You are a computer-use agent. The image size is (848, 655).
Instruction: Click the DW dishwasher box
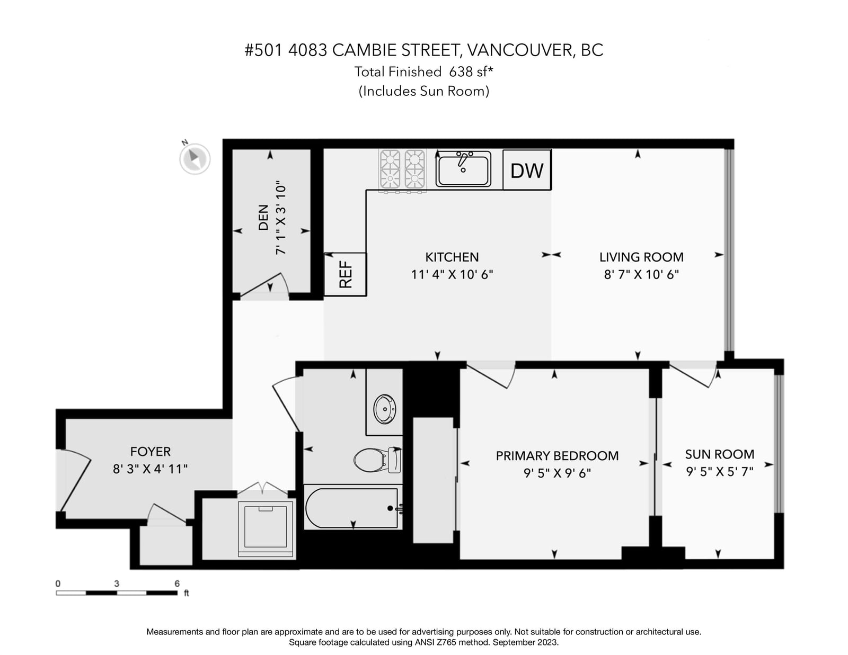tap(527, 169)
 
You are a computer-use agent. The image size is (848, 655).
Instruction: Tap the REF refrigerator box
tap(345, 274)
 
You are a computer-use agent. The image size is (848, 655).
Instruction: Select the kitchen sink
tap(463, 169)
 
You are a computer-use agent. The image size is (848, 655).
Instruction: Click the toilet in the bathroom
tap(378, 460)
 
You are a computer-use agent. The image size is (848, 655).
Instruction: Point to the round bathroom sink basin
tap(385, 409)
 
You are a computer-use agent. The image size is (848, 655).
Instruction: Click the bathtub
tap(353, 508)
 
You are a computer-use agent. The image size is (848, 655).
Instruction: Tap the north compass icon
tap(195, 158)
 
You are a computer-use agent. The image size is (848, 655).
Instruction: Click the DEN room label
tap(263, 217)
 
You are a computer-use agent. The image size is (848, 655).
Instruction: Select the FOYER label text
tap(150, 452)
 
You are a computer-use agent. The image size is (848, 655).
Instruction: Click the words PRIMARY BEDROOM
tap(557, 456)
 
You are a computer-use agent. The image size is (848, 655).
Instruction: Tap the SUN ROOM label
tap(720, 454)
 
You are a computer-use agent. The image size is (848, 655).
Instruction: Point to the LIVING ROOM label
tap(641, 257)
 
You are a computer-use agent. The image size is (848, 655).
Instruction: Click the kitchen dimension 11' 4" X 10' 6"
tap(452, 274)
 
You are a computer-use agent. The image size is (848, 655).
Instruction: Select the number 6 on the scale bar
tap(177, 584)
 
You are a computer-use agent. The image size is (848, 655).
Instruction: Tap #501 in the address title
tap(263, 50)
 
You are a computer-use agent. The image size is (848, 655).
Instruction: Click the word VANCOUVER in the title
tap(521, 50)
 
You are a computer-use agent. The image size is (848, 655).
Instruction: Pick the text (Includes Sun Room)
tap(424, 91)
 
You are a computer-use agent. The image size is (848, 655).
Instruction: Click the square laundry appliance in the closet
tap(266, 528)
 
